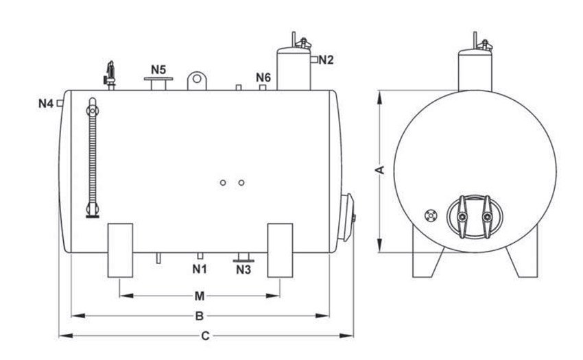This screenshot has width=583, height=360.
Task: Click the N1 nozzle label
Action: point(200,269)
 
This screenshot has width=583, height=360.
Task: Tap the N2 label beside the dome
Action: point(326,60)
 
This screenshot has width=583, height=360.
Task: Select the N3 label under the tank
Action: point(243,269)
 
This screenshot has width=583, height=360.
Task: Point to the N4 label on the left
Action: point(46,104)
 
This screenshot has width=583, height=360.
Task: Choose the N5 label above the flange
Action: point(158,69)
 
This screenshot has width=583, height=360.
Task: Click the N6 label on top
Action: point(263,77)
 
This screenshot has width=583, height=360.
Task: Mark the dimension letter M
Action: point(200,296)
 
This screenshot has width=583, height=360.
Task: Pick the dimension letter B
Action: point(200,316)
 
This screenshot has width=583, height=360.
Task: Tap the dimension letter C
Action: point(205,336)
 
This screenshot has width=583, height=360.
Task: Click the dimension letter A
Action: point(380,170)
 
